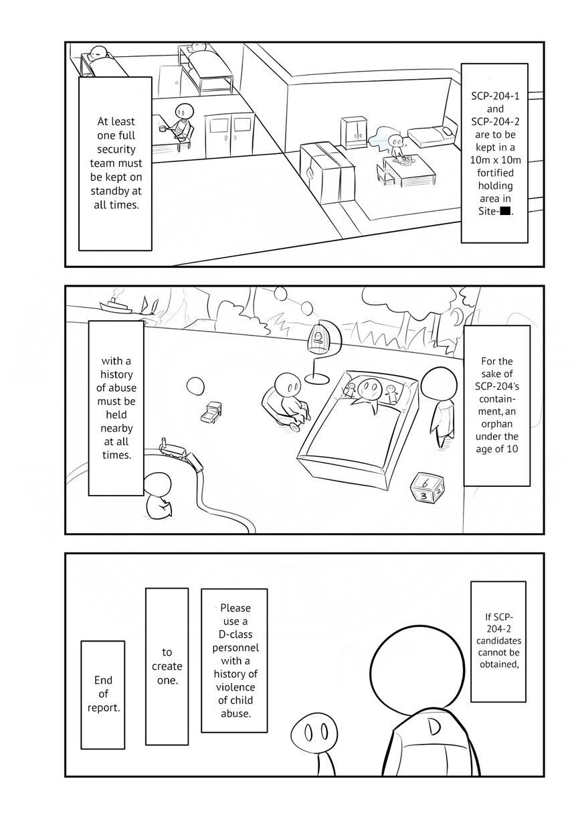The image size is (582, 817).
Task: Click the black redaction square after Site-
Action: [x=505, y=211]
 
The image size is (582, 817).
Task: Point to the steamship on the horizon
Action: [x=115, y=305]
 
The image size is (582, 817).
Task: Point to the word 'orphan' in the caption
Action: [x=496, y=424]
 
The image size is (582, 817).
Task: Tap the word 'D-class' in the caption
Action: [x=235, y=634]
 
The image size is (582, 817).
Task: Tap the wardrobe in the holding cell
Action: [x=354, y=133]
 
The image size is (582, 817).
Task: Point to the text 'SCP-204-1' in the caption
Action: [x=495, y=96]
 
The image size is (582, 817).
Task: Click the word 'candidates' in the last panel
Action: [x=498, y=641]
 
